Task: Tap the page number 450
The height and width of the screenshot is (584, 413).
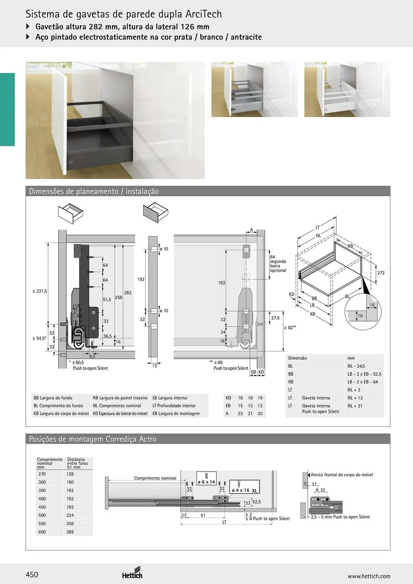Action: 32,575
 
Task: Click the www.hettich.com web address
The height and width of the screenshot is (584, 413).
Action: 369,576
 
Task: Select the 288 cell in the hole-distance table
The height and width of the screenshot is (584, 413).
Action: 70,532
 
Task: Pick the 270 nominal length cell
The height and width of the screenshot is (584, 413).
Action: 42,474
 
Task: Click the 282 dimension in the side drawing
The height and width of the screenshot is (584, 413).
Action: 128,293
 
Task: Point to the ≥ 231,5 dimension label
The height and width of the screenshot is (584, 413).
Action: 40,291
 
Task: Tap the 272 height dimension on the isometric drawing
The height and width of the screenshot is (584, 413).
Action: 381,273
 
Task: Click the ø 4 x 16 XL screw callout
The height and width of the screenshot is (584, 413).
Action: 244,486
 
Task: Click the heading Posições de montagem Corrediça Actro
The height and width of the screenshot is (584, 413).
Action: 93,439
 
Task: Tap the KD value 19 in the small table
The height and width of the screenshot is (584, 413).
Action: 260,398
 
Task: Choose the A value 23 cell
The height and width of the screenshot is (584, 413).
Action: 240,413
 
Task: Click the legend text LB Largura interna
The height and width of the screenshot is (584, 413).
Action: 170,398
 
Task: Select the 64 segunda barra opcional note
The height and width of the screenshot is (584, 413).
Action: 278,264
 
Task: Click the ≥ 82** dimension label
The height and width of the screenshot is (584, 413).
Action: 290,328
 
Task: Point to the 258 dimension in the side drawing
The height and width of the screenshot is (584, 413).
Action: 118,298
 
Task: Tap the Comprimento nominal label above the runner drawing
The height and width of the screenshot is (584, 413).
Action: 155,478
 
